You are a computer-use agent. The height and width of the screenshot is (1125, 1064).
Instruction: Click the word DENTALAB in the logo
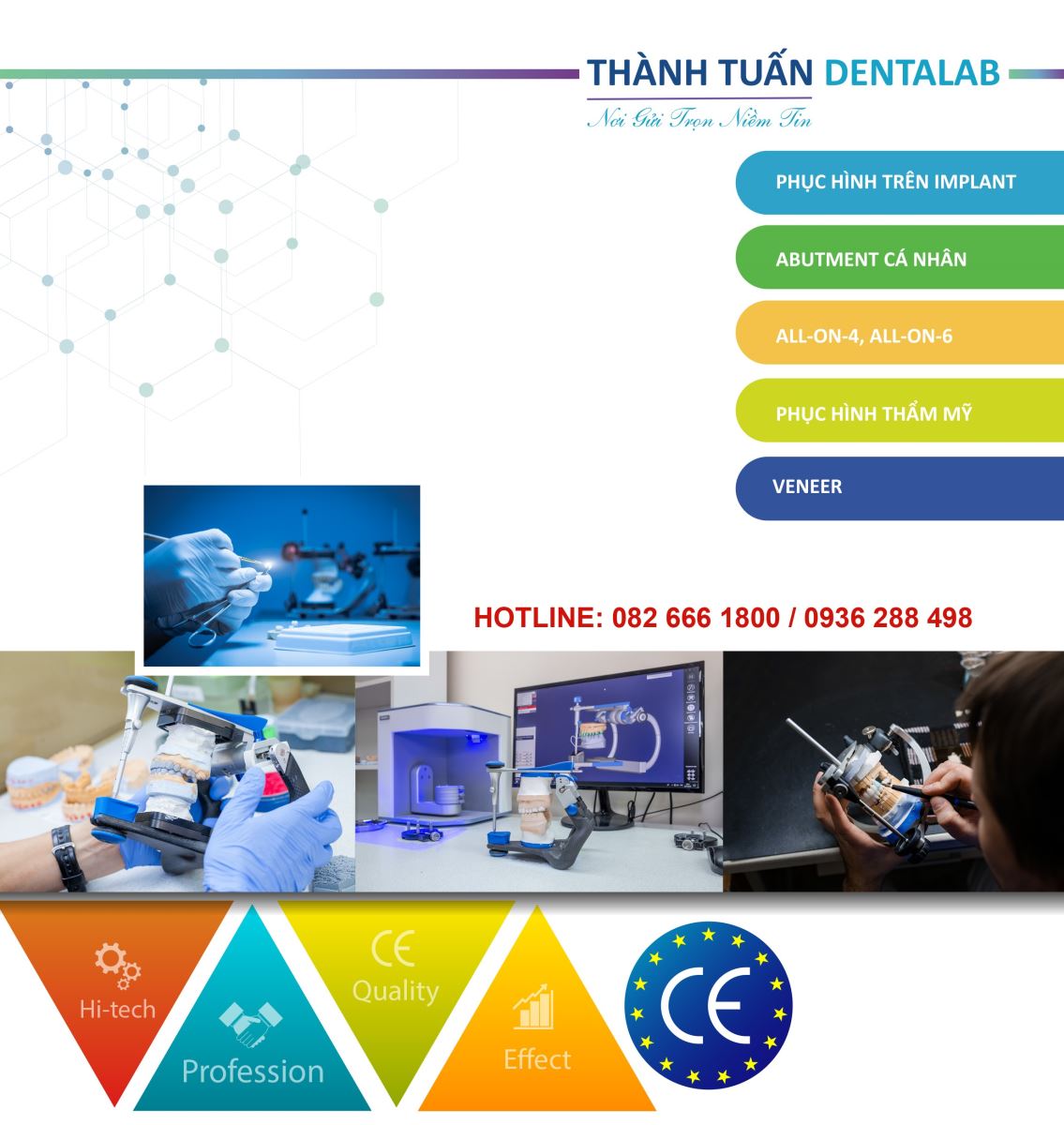912,73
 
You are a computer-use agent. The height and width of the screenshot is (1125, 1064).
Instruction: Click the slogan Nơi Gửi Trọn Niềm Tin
698,118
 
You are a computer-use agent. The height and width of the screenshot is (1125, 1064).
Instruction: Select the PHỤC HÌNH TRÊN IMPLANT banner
900,183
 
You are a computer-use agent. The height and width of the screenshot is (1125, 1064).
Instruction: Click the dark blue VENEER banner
900,488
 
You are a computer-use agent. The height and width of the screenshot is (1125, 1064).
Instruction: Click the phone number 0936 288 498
888,618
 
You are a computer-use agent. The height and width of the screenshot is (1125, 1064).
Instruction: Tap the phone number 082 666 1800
696,618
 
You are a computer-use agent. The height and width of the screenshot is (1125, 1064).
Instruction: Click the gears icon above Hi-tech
118,966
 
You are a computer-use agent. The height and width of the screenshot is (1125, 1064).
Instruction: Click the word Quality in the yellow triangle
396,991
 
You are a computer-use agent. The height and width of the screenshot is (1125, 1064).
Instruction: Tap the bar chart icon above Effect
534,1007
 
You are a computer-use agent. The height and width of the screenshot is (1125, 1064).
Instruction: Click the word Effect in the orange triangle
537,1059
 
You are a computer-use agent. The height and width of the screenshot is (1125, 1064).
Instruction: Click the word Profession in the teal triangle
253,1072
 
